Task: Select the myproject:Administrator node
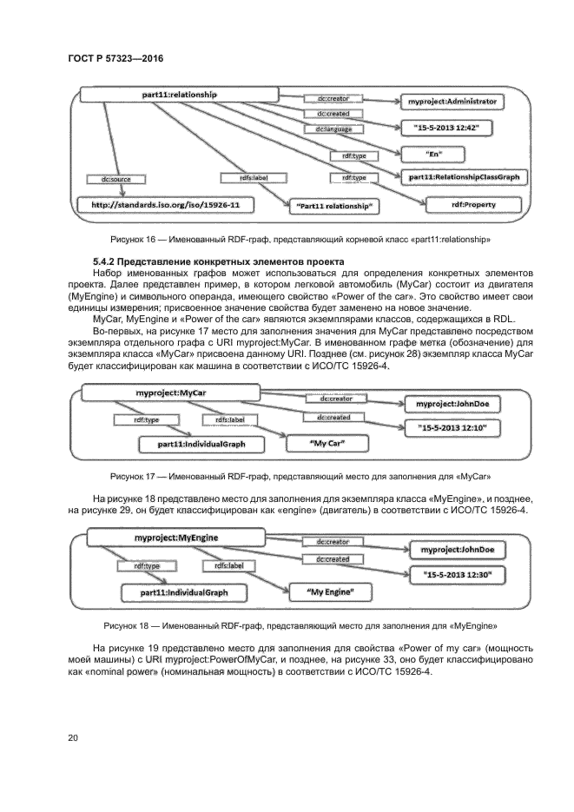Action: tap(452, 102)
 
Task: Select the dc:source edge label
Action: tap(110, 180)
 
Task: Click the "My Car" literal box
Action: tap(328, 443)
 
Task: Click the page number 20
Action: tap(73, 737)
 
